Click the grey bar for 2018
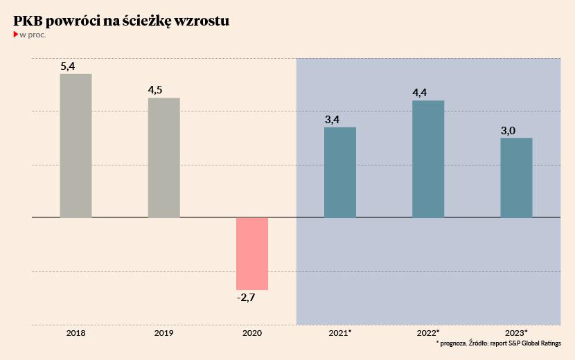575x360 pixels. (x=76, y=145)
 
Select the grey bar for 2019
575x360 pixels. (x=163, y=158)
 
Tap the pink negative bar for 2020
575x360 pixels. (x=251, y=253)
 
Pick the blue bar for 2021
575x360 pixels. (x=340, y=172)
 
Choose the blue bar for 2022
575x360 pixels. (x=428, y=159)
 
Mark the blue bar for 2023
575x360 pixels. (x=516, y=178)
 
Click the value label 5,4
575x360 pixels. (x=68, y=66)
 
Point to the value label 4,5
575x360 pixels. (x=156, y=91)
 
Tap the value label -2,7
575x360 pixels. (x=245, y=298)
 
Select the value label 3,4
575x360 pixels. (x=332, y=120)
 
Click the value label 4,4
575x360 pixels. (x=420, y=93)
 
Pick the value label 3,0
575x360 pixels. (x=508, y=130)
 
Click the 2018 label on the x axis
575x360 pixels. (x=76, y=333)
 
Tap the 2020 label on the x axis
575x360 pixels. (x=251, y=333)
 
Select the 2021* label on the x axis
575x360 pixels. (x=340, y=333)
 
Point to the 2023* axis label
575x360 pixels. (x=516, y=333)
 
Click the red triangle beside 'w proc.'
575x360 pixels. (x=16, y=34)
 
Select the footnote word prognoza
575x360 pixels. (x=452, y=343)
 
